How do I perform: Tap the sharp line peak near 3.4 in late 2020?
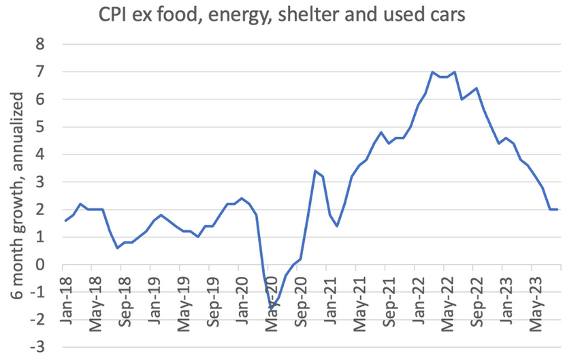click(x=314, y=171)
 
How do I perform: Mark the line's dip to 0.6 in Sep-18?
click(x=117, y=248)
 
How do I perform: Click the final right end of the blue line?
click(x=558, y=210)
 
